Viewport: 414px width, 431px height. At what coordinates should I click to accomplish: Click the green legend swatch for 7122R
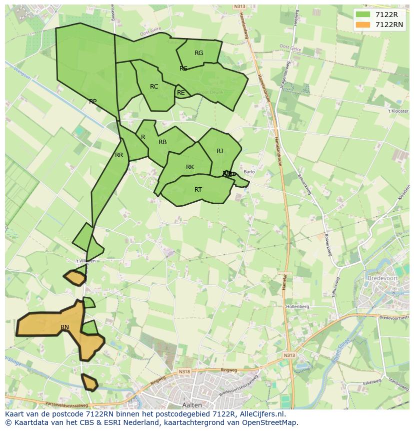[363, 15]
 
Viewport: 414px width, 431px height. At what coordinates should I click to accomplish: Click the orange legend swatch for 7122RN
[363, 25]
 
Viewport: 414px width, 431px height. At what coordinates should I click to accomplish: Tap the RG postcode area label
[198, 53]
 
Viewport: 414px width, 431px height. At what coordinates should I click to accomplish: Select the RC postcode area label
[154, 87]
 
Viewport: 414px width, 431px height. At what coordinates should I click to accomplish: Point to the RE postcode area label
[181, 93]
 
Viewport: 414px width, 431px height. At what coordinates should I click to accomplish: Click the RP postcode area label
[92, 102]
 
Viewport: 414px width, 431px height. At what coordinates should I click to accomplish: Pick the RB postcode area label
[162, 142]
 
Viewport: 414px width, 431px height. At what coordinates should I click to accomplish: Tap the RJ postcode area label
[220, 151]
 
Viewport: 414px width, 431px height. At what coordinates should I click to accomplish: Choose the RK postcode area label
[190, 167]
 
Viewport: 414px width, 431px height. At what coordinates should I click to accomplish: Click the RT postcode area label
[198, 190]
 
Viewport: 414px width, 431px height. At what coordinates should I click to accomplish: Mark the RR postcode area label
[119, 155]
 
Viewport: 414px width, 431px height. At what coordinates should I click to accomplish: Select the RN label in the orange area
[64, 327]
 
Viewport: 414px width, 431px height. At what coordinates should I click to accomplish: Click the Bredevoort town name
[381, 277]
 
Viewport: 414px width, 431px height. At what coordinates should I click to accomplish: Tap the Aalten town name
[192, 405]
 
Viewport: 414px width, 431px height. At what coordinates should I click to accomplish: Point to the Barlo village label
[249, 172]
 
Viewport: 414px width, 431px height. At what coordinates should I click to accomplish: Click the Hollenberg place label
[297, 306]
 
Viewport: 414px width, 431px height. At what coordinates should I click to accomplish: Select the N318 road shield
[184, 371]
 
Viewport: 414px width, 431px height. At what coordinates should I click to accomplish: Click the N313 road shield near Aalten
[289, 355]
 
